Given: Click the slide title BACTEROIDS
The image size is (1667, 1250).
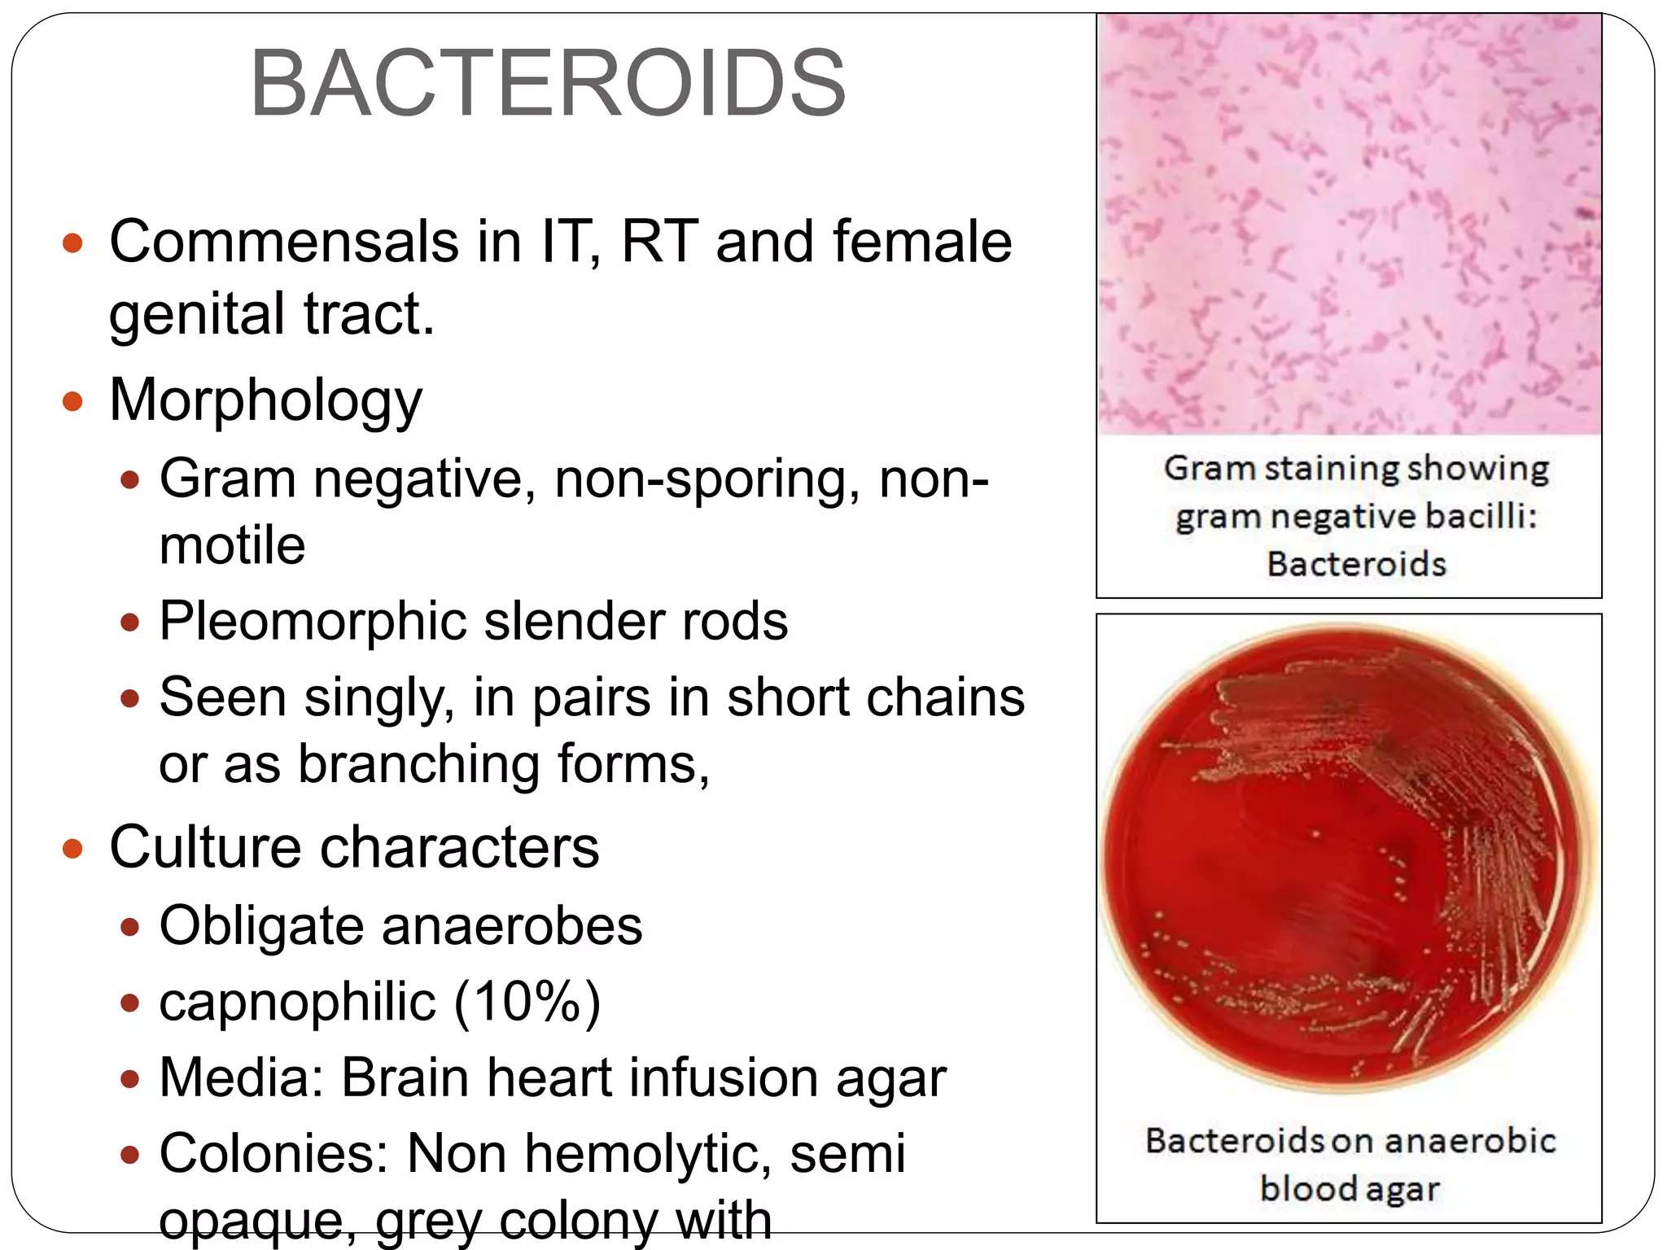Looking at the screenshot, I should pyautogui.click(x=548, y=84).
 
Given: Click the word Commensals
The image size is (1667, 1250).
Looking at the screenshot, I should pyautogui.click(x=284, y=242).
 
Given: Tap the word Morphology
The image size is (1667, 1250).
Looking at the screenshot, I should pyautogui.click(x=265, y=400).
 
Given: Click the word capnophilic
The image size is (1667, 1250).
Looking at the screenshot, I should pyautogui.click(x=297, y=1002).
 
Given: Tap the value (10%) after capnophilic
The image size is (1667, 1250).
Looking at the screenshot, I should pyautogui.click(x=527, y=1002).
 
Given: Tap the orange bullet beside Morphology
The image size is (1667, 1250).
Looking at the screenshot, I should pyautogui.click(x=73, y=401).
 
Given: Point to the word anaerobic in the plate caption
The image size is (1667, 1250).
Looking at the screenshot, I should pyautogui.click(x=1470, y=1141).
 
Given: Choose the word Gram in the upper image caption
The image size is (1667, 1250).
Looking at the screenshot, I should pyautogui.click(x=1210, y=469).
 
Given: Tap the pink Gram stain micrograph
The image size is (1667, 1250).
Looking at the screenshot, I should pyautogui.click(x=1349, y=225).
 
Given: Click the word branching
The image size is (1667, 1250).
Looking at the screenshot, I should pyautogui.click(x=418, y=764).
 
